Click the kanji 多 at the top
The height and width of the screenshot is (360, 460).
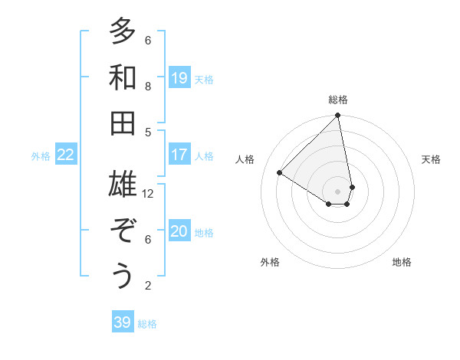click(x=123, y=33)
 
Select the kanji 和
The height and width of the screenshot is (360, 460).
click(x=123, y=78)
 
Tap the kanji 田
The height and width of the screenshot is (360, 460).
click(x=123, y=123)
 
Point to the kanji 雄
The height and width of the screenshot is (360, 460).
click(x=123, y=185)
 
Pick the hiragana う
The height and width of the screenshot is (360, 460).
click(x=123, y=277)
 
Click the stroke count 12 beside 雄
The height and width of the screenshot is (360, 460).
click(x=149, y=194)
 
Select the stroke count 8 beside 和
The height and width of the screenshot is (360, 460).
click(x=148, y=87)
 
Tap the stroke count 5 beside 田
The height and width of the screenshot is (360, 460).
click(x=148, y=132)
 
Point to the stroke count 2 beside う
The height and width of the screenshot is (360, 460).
click(x=148, y=286)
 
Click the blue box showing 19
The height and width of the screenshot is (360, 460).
click(x=179, y=78)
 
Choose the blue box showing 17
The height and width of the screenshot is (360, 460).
click(x=179, y=155)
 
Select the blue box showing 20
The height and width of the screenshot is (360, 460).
click(x=179, y=231)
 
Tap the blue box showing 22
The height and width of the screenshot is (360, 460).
click(x=66, y=155)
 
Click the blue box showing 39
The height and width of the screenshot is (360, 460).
click(x=123, y=322)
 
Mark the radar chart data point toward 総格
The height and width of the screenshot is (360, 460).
click(x=337, y=116)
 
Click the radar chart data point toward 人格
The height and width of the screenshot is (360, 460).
click(x=280, y=173)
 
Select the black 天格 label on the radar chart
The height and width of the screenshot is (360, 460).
click(x=431, y=159)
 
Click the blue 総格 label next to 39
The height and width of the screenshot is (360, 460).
click(x=147, y=324)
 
